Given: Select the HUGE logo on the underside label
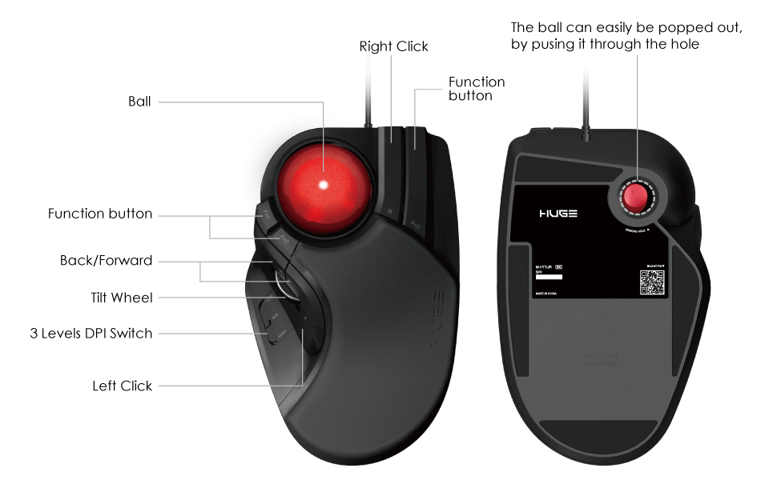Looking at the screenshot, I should coord(558,214).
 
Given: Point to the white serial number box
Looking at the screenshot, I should coord(549,277).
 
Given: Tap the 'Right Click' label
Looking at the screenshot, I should coord(393,46).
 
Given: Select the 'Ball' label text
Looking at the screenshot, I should coord(139,102).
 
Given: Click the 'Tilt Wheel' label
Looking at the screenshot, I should coord(121,298).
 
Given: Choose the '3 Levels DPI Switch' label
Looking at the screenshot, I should coord(90,333).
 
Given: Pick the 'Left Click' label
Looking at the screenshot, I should coord(122,386).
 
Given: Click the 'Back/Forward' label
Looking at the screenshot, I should coord(106,261).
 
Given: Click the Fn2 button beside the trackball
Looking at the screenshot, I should coord(284,238).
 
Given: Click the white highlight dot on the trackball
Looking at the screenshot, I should coord(324,185).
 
